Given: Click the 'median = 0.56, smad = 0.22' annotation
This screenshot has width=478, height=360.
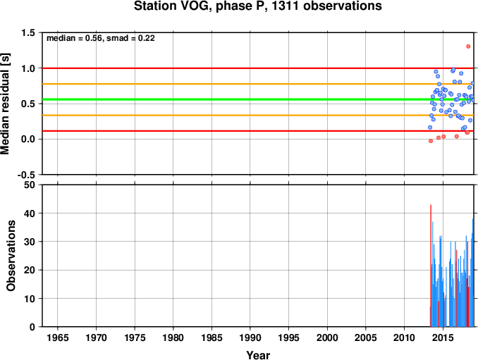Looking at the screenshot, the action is click(x=101, y=38).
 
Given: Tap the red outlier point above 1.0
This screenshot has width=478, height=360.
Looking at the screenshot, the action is click(x=468, y=46).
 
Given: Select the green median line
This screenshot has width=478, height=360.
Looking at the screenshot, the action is click(x=258, y=99).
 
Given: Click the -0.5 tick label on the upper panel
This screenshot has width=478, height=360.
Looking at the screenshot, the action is click(x=27, y=175).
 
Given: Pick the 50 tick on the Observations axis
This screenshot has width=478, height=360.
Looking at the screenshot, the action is click(x=30, y=185).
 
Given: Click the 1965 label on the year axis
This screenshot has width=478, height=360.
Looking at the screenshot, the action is click(x=58, y=337).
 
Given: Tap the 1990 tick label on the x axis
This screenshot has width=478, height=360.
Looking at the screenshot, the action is click(x=250, y=337).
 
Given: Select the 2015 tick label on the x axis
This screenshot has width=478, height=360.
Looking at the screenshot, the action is click(x=443, y=337).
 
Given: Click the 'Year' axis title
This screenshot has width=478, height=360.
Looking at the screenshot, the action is click(x=258, y=355).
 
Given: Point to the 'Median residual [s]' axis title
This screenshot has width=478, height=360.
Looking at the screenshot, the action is click(x=5, y=104).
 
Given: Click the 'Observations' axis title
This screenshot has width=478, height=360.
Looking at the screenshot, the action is click(x=11, y=256).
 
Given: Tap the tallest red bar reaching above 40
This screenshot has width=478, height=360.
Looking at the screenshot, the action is click(x=431, y=266).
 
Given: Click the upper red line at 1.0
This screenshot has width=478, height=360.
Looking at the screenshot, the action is click(x=258, y=68).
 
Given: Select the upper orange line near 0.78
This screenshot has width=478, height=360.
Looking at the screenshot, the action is click(x=258, y=84).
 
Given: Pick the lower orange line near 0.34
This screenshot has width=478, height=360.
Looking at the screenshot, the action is click(x=258, y=115).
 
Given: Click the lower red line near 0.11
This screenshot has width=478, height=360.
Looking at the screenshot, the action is click(x=258, y=131).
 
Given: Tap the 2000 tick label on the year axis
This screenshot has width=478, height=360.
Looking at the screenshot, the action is click(x=327, y=337).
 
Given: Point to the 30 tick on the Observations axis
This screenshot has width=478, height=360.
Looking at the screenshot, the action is click(x=30, y=242).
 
